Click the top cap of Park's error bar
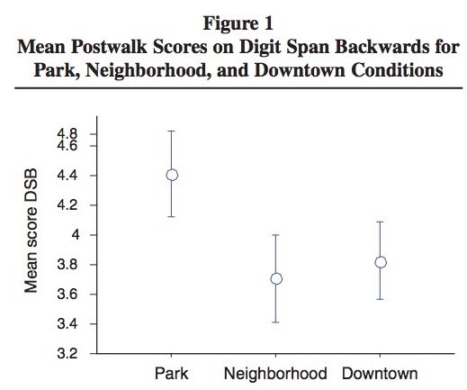point(171,132)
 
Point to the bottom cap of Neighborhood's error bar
point(276,322)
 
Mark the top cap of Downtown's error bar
point(380,222)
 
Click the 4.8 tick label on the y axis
point(67,134)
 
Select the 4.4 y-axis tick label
point(67,176)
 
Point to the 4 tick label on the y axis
point(76,235)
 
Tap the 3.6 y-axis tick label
point(67,295)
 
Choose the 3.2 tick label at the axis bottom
point(67,354)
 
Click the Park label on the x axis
point(171,374)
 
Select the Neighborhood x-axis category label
point(275,374)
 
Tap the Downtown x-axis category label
point(380,374)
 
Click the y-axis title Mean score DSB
point(31,231)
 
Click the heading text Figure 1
point(238,23)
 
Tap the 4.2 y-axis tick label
point(67,205)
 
